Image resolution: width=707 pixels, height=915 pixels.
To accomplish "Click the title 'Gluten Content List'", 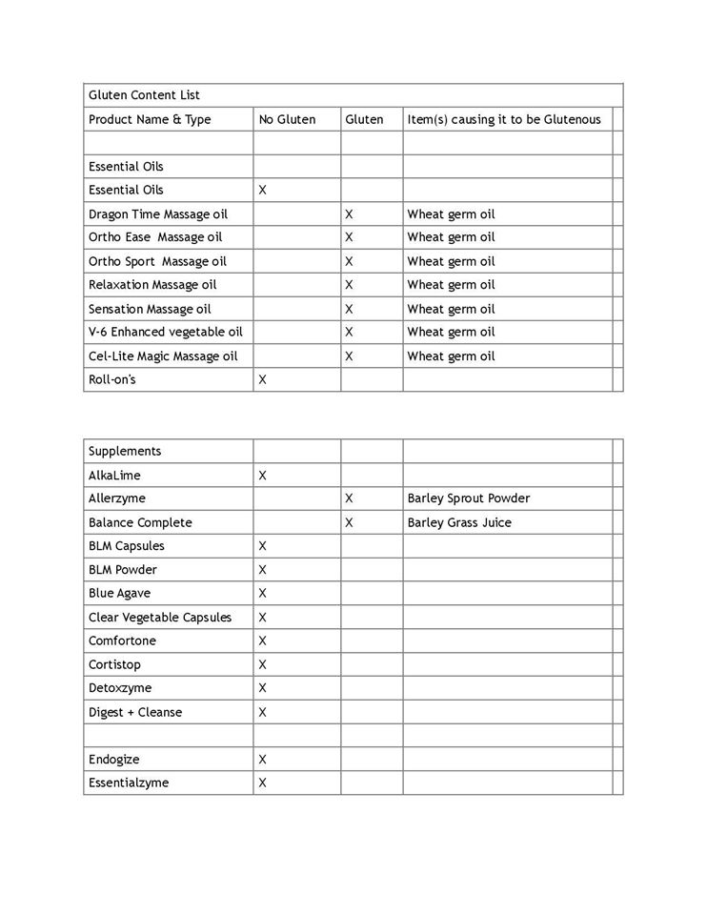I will pyautogui.click(x=144, y=95).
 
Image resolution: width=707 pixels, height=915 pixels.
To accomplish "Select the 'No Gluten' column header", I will pyautogui.click(x=287, y=119).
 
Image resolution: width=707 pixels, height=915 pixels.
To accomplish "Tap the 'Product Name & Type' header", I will pyautogui.click(x=150, y=119).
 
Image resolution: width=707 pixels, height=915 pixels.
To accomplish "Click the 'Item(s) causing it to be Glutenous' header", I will pyautogui.click(x=504, y=119).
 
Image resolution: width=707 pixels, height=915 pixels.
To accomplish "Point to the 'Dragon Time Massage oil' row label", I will pyautogui.click(x=158, y=213).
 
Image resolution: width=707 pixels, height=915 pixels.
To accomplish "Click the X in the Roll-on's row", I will pyautogui.click(x=263, y=379).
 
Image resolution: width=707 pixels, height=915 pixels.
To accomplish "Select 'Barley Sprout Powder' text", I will pyautogui.click(x=468, y=498).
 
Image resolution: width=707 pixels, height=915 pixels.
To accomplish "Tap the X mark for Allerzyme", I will pyautogui.click(x=349, y=498).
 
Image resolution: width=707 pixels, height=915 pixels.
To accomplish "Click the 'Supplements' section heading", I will pyautogui.click(x=125, y=451).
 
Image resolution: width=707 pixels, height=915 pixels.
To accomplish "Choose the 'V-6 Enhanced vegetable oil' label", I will pyautogui.click(x=166, y=332).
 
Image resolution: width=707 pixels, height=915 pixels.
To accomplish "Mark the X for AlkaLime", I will pyautogui.click(x=263, y=475).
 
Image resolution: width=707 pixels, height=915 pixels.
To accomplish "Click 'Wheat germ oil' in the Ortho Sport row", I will pyautogui.click(x=451, y=261).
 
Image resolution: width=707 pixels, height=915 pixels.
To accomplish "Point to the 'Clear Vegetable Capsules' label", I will pyautogui.click(x=160, y=617).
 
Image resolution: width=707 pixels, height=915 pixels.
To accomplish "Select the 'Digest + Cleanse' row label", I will pyautogui.click(x=135, y=712).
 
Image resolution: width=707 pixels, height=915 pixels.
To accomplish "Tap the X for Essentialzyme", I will pyautogui.click(x=263, y=783).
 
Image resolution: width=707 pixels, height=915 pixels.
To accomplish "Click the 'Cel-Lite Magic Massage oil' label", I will pyautogui.click(x=163, y=356).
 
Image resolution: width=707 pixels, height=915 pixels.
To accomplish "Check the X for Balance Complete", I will pyautogui.click(x=349, y=522).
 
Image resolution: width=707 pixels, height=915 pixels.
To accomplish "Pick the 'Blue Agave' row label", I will pyautogui.click(x=119, y=593).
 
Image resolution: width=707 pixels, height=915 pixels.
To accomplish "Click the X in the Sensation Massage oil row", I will pyautogui.click(x=349, y=309).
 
